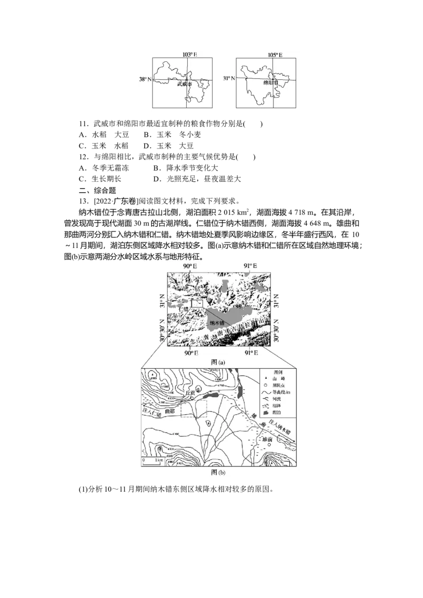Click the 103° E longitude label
pos(186,54)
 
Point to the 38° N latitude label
pos(145,79)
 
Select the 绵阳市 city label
pos(271,83)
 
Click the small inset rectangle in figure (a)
pos(197,303)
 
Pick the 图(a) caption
pos(218,362)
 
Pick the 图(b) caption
pos(218,472)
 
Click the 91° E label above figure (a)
pos(250,266)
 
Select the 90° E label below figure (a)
pos(190,352)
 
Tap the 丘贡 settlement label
pos(189,393)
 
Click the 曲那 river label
pos(169,410)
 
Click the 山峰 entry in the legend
pos(278,379)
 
